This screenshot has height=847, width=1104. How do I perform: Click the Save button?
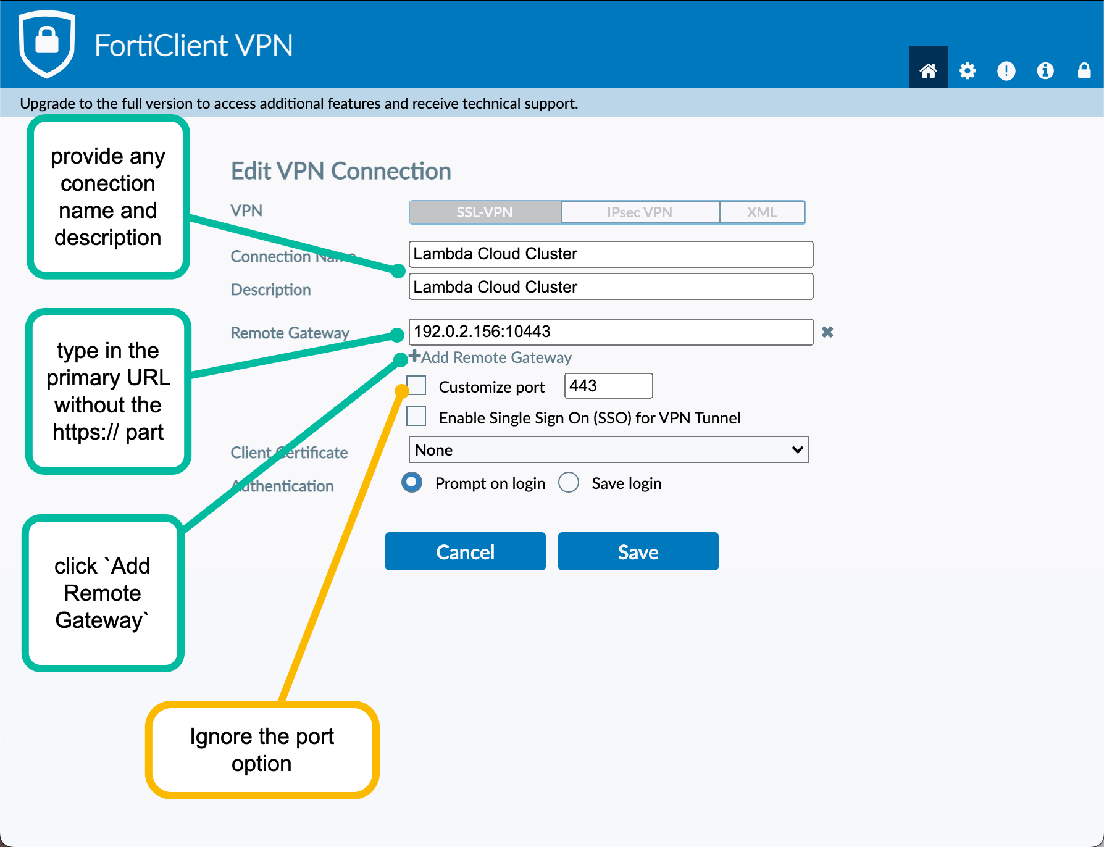[x=638, y=551]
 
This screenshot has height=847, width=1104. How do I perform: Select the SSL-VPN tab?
[x=485, y=212]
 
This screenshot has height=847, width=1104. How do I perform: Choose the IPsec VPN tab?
[x=640, y=212]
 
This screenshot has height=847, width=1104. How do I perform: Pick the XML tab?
[x=762, y=212]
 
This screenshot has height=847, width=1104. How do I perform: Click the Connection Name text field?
[x=611, y=254]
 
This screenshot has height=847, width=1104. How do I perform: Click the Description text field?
[x=611, y=287]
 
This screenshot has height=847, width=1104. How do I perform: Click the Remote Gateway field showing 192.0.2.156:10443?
[x=611, y=332]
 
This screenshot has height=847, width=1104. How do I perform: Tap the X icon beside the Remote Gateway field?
[x=828, y=332]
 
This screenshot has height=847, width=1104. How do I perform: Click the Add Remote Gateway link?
[x=491, y=357]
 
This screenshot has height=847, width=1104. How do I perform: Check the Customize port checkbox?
[x=417, y=385]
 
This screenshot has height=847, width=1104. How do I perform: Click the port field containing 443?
[x=608, y=386]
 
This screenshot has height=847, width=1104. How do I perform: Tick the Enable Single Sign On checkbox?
[x=417, y=416]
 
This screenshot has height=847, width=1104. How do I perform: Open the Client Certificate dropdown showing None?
[x=608, y=449]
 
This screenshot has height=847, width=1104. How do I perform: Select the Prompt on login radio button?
[x=412, y=482]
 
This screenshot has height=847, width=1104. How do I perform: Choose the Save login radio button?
[x=569, y=482]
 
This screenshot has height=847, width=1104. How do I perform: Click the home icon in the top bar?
[x=928, y=70]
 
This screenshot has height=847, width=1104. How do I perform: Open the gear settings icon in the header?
[x=968, y=71]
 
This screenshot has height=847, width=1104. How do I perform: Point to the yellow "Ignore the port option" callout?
[x=262, y=750]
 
